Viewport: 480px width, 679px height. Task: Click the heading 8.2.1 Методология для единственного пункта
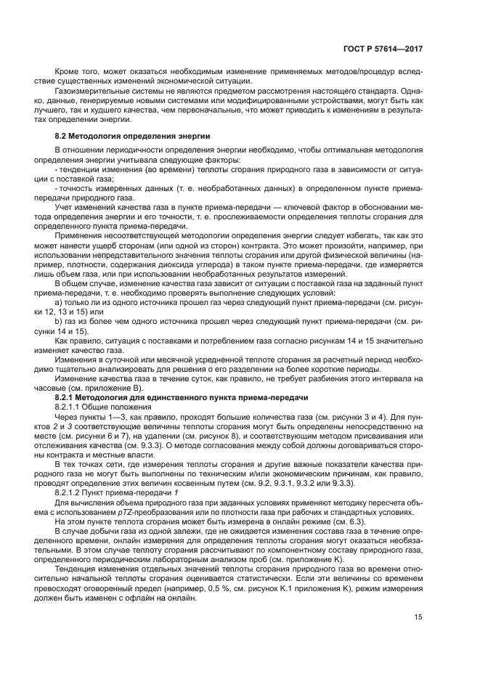click(182, 398)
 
